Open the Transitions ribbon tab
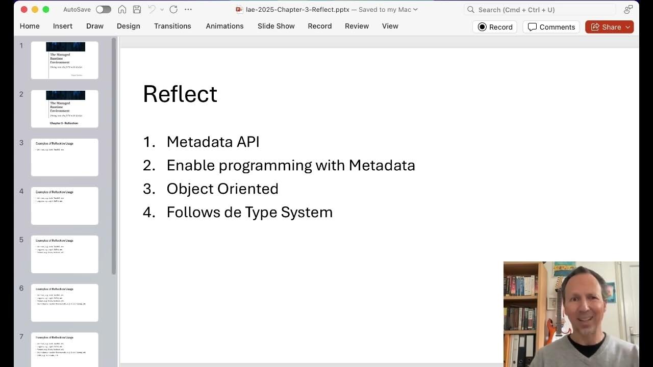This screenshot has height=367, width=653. tap(172, 26)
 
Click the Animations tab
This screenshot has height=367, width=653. tap(224, 26)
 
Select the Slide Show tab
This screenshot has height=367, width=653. tap(276, 26)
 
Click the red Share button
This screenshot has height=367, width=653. tap(609, 27)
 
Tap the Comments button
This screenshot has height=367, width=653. tap(551, 27)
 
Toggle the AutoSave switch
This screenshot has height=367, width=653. tap(103, 9)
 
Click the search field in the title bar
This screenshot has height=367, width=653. tap(541, 10)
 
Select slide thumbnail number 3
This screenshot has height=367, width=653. tap(65, 157)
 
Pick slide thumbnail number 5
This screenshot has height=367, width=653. tap(65, 254)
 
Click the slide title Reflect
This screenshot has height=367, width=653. tap(180, 94)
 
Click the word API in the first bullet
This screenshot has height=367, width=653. tap(248, 142)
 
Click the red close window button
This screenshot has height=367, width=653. tap(24, 9)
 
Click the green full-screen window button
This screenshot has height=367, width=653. tap(45, 9)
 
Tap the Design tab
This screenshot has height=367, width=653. tap(128, 26)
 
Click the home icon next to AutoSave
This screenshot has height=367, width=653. tap(122, 9)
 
